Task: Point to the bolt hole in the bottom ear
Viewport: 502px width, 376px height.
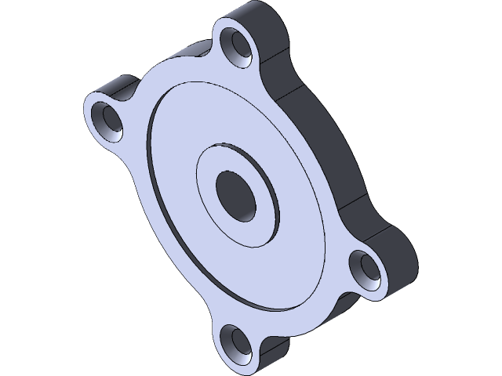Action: click(x=232, y=340)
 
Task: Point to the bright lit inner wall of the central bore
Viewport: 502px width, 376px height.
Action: click(x=248, y=205)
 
